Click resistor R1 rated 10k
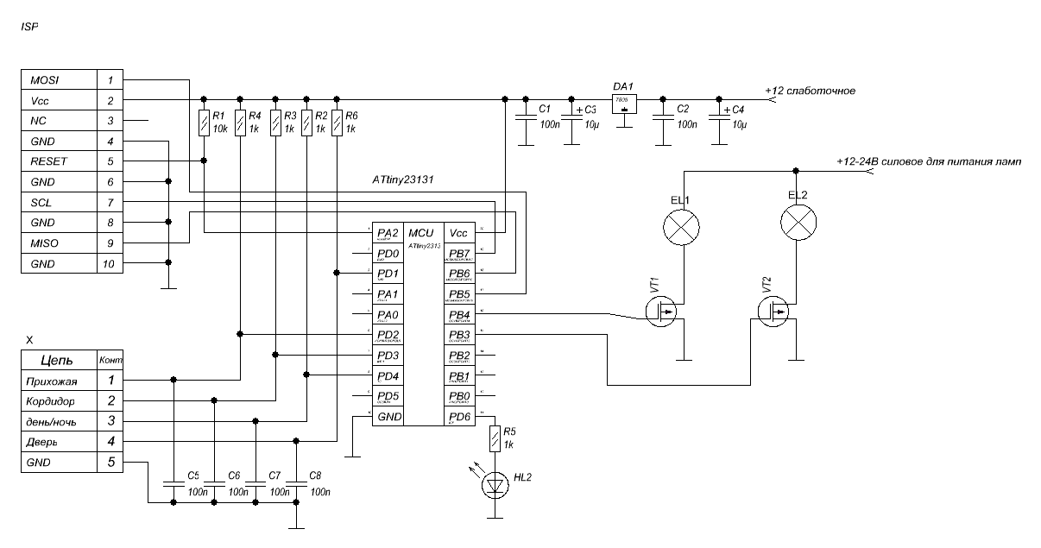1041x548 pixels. (x=203, y=123)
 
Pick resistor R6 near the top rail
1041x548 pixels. (x=337, y=123)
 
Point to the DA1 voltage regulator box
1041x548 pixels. (x=624, y=104)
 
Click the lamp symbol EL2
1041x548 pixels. (x=799, y=226)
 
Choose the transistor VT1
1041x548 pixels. (x=665, y=312)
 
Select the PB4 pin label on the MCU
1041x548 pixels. (x=459, y=315)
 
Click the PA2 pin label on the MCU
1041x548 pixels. (x=388, y=233)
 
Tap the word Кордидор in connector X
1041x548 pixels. (x=57, y=401)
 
